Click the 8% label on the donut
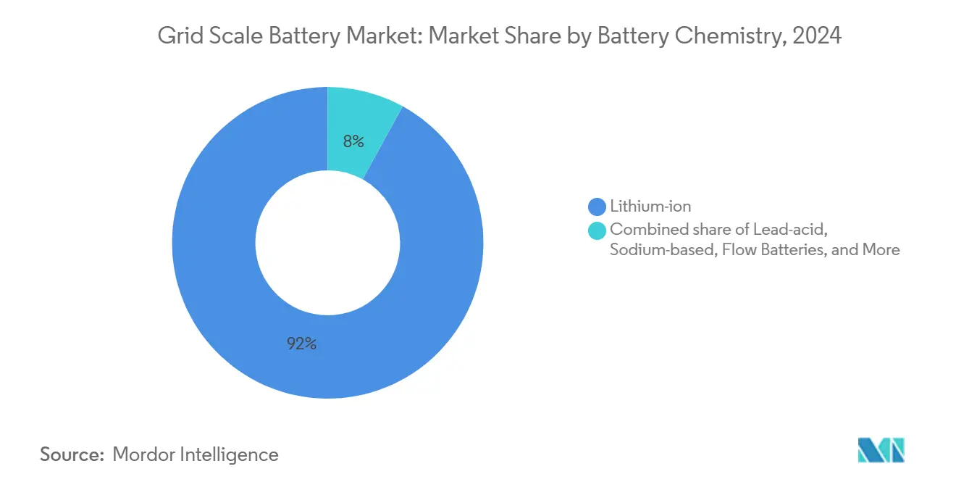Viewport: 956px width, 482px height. pyautogui.click(x=353, y=141)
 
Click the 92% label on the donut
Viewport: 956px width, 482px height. pyautogui.click(x=301, y=344)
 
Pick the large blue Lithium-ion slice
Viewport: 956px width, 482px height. pyautogui.click(x=217, y=290)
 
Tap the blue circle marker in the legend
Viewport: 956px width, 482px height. pyautogui.click(x=597, y=207)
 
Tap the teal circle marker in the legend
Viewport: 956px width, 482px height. pyautogui.click(x=597, y=230)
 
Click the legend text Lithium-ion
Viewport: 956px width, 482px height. pyautogui.click(x=650, y=207)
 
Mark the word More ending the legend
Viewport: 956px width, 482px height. pyautogui.click(x=881, y=250)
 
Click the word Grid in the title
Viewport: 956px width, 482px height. pyautogui.click(x=176, y=36)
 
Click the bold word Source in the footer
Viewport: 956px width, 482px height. pyautogui.click(x=72, y=454)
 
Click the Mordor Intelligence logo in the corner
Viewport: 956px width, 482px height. pyautogui.click(x=881, y=450)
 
